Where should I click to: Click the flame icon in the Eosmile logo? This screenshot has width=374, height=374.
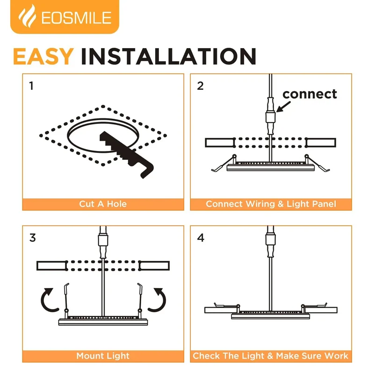pyautogui.click(x=27, y=16)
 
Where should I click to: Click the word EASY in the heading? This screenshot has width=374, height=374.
pyautogui.click(x=43, y=56)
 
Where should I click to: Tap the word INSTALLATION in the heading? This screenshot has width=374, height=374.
pyautogui.click(x=169, y=56)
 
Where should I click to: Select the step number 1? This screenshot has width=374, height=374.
pyautogui.click(x=31, y=86)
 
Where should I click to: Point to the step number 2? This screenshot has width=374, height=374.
pyautogui.click(x=201, y=86)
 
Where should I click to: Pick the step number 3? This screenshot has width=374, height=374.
pyautogui.click(x=33, y=238)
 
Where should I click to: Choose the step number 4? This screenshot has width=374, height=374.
pyautogui.click(x=201, y=238)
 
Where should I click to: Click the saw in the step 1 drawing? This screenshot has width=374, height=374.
pyautogui.click(x=126, y=155)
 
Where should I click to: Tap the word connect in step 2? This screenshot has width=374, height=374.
pyautogui.click(x=309, y=94)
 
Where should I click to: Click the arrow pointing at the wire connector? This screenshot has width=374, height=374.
pyautogui.click(x=283, y=107)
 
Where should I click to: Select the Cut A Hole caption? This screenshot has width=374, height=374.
pyautogui.click(x=103, y=204)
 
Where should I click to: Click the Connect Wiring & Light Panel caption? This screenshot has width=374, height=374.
pyautogui.click(x=271, y=204)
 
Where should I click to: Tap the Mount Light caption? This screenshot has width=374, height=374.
pyautogui.click(x=103, y=356)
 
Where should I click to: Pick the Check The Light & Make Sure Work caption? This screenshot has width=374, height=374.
pyautogui.click(x=271, y=356)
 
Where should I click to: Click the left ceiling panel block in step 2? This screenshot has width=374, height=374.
pyautogui.click(x=219, y=143)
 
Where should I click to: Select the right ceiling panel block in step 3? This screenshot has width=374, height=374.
pyautogui.click(x=155, y=266)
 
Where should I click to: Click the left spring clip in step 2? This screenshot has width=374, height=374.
pyautogui.click(x=224, y=163)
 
